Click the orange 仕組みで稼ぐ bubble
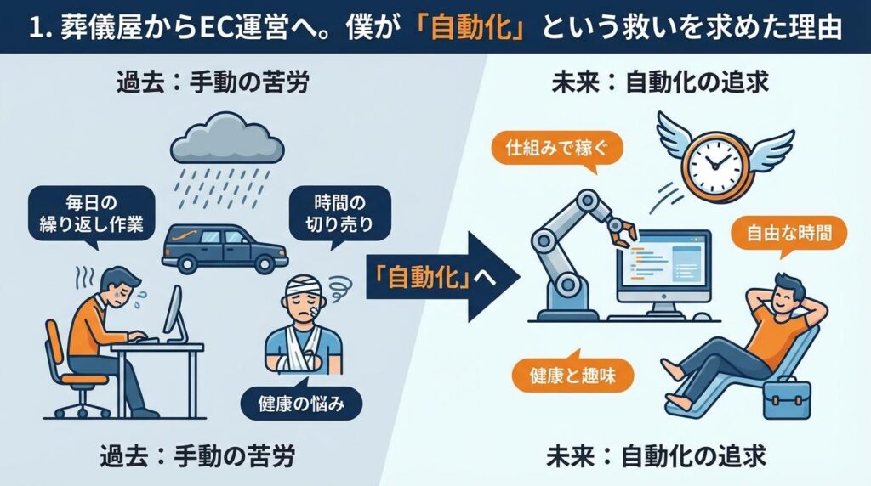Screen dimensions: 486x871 pyautogui.click(x=558, y=150)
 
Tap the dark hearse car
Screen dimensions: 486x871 pyautogui.click(x=223, y=247)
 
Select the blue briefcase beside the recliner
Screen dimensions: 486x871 pyautogui.click(x=786, y=398)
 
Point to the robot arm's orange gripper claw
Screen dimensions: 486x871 pyautogui.click(x=623, y=229)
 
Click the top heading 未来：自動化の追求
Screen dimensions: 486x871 pyautogui.click(x=655, y=83)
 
